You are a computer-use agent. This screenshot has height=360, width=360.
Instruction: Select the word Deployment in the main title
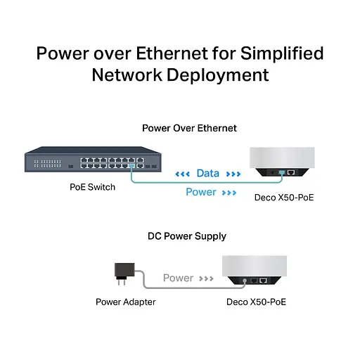point(218,75)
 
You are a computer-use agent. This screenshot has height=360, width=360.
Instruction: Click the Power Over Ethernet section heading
point(189,128)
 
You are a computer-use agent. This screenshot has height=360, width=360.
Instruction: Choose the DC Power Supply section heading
point(186,236)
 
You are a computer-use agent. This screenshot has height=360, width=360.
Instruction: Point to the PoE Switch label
point(93,187)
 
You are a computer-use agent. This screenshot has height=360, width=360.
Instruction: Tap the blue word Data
point(207,173)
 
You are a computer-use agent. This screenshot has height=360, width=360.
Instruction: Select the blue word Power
point(200,192)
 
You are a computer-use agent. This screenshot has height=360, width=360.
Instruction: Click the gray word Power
point(178,278)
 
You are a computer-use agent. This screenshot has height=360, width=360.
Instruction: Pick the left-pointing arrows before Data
point(182,174)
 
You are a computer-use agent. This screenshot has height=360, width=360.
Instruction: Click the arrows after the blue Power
point(229,193)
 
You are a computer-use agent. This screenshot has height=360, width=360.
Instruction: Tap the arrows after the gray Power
point(205,278)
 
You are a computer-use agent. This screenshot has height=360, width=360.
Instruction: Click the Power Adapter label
point(126,302)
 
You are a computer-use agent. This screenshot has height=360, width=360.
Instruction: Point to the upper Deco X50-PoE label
point(284,198)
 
